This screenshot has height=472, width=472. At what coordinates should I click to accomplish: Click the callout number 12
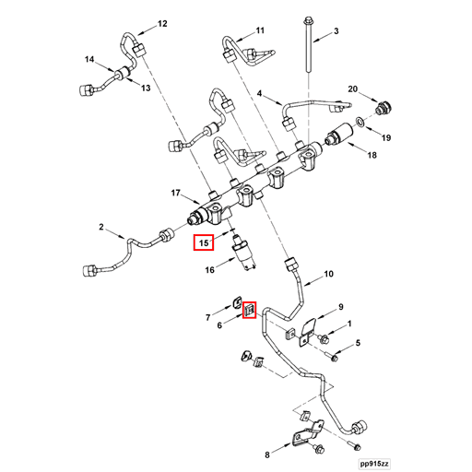[162, 24]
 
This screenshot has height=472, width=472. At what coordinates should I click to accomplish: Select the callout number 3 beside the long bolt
[336, 31]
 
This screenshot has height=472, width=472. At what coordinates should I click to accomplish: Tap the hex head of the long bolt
[307, 21]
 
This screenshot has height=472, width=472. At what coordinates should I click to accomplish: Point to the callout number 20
[352, 89]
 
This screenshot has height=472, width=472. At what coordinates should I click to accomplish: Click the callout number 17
[175, 193]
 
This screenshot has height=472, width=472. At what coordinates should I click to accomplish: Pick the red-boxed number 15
[204, 243]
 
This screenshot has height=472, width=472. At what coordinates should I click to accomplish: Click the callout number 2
[101, 227]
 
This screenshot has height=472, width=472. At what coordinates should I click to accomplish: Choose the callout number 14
[89, 59]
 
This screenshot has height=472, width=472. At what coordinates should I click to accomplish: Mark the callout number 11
[260, 30]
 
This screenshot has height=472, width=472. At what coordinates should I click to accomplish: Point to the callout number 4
[260, 93]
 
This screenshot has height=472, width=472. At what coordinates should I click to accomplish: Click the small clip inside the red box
[249, 310]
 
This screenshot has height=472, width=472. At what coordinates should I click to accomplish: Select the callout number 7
[208, 317]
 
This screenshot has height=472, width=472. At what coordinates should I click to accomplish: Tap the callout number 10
[328, 274]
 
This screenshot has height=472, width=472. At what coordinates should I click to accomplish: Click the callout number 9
[340, 307]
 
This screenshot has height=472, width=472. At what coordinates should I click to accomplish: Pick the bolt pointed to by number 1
[324, 339]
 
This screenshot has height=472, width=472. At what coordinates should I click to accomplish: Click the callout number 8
[267, 454]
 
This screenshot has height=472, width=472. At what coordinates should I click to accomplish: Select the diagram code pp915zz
[375, 464]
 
